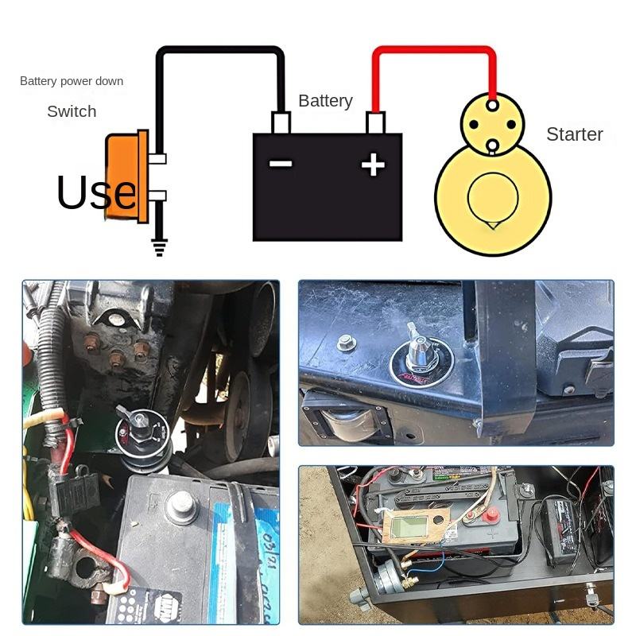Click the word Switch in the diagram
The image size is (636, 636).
[x=72, y=111]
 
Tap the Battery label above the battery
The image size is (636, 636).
[x=325, y=101]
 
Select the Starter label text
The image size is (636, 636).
[x=574, y=134]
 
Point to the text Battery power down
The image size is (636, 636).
[x=72, y=81]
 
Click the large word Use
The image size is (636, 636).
[x=96, y=192]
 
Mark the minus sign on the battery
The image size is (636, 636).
[x=281, y=165]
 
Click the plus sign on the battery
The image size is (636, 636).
[x=373, y=165]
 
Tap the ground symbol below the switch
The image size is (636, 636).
[x=160, y=248]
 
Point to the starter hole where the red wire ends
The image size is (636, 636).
[x=492, y=104]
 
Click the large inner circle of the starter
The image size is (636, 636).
[x=492, y=200]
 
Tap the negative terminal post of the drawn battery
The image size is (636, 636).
[x=281, y=122]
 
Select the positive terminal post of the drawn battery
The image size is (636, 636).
[x=375, y=122]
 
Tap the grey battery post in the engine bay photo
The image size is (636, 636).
[x=182, y=506]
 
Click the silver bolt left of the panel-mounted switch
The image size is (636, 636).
[x=346, y=343]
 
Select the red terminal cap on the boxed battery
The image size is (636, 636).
[x=491, y=516]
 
